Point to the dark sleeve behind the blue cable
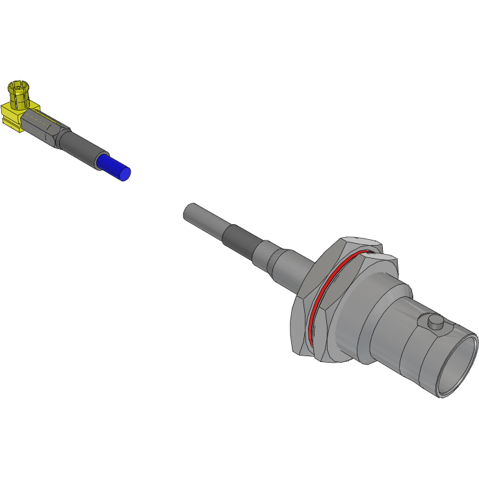(x=82, y=149)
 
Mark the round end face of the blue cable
(x=125, y=173)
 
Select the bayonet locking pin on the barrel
(x=434, y=322)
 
